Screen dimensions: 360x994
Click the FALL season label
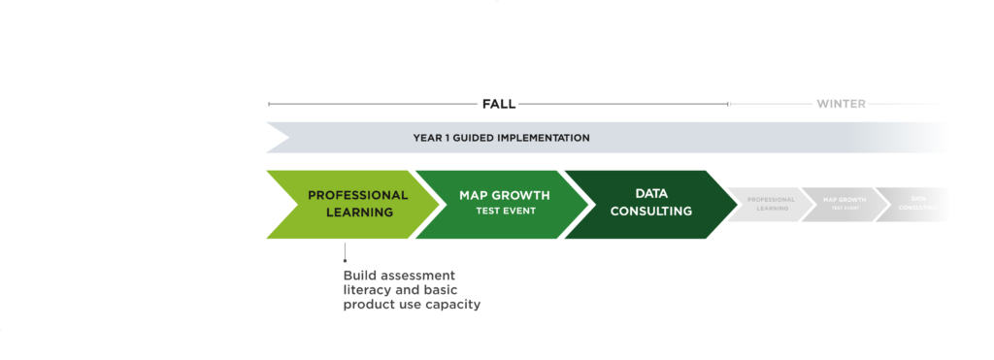(x=498, y=103)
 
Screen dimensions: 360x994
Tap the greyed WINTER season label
(x=841, y=103)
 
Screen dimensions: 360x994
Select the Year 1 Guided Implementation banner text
(x=501, y=138)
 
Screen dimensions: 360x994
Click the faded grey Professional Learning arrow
(x=767, y=204)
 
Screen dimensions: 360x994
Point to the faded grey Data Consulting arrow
(x=912, y=204)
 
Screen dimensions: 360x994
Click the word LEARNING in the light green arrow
(x=359, y=213)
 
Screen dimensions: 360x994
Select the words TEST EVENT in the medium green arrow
(x=505, y=211)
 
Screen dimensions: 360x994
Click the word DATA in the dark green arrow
(x=651, y=194)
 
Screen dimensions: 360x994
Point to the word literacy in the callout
(x=368, y=290)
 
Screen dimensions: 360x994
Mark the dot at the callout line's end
(x=345, y=259)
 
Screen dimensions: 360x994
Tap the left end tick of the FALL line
(x=268, y=103)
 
